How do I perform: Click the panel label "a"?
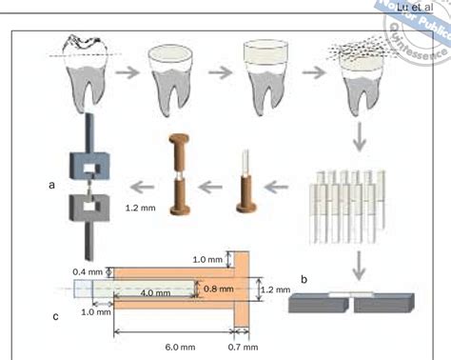point(52,187)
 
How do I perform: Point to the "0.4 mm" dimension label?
point(87,270)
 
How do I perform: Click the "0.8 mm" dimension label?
point(217,286)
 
